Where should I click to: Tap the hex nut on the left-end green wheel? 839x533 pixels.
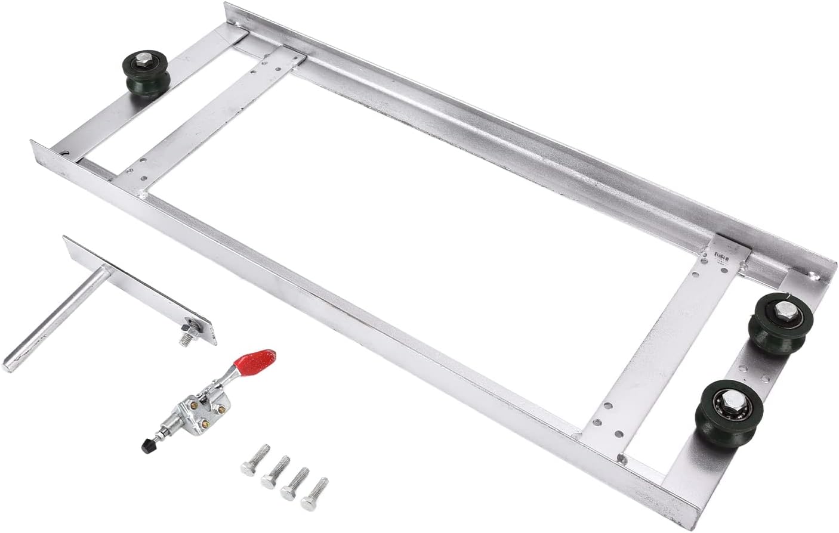(143, 60)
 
